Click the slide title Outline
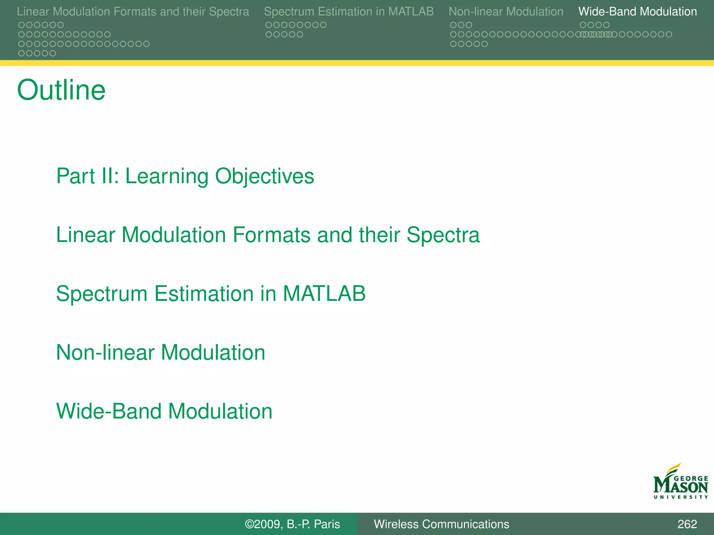pyautogui.click(x=61, y=90)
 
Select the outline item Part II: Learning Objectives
pyautogui.click(x=185, y=176)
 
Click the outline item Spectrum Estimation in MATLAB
pyautogui.click(x=211, y=293)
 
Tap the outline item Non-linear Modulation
pyautogui.click(x=160, y=352)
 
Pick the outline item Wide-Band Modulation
pyautogui.click(x=164, y=411)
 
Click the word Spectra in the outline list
pyautogui.click(x=443, y=235)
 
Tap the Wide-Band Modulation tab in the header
pyautogui.click(x=637, y=11)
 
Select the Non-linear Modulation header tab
pyautogui.click(x=506, y=11)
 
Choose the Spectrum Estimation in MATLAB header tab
pyautogui.click(x=349, y=11)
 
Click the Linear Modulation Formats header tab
pyautogui.click(x=133, y=11)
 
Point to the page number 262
pyautogui.click(x=687, y=524)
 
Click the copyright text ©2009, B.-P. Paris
pyautogui.click(x=292, y=524)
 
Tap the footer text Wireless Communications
pyautogui.click(x=441, y=524)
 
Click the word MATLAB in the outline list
pyautogui.click(x=324, y=293)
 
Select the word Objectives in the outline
pyautogui.click(x=264, y=176)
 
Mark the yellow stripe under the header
pyautogui.click(x=357, y=63)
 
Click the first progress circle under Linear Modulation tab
pyautogui.click(x=21, y=25)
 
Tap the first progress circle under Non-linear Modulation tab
pyautogui.click(x=453, y=25)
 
